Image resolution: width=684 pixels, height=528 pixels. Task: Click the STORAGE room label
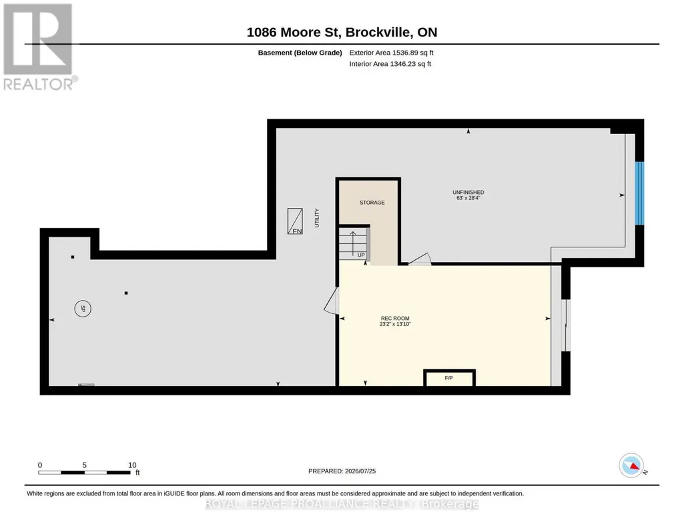pos(372,203)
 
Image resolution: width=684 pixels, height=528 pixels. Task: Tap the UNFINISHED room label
pos(468,192)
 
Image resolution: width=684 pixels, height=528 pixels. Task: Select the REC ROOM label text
pos(395,319)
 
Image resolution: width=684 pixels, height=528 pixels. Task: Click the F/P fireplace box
pos(449,378)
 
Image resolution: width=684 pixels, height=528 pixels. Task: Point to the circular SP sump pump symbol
pos(83,309)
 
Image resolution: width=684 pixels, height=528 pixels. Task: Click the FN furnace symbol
pos(295,221)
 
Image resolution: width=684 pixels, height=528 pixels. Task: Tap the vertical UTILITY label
pos(317,218)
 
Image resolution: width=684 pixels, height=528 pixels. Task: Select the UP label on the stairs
pos(361,255)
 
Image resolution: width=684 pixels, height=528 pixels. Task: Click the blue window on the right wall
pos(639,193)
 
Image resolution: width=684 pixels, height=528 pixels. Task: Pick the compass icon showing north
pos(632,466)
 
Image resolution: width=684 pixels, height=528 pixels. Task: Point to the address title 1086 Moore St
pos(296,32)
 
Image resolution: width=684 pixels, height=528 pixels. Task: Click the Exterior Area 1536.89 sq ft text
pos(391,53)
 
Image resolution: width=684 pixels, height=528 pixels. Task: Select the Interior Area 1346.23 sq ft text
pos(390,64)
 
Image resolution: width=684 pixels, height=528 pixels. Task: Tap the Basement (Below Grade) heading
pos(300,53)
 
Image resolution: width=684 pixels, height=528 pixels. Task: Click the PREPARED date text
pos(342,471)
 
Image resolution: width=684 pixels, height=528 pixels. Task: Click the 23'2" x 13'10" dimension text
pos(395,324)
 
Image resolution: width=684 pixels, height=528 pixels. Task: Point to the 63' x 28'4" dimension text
pos(468,198)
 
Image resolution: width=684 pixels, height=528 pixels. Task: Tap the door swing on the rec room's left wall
pos(332,301)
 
